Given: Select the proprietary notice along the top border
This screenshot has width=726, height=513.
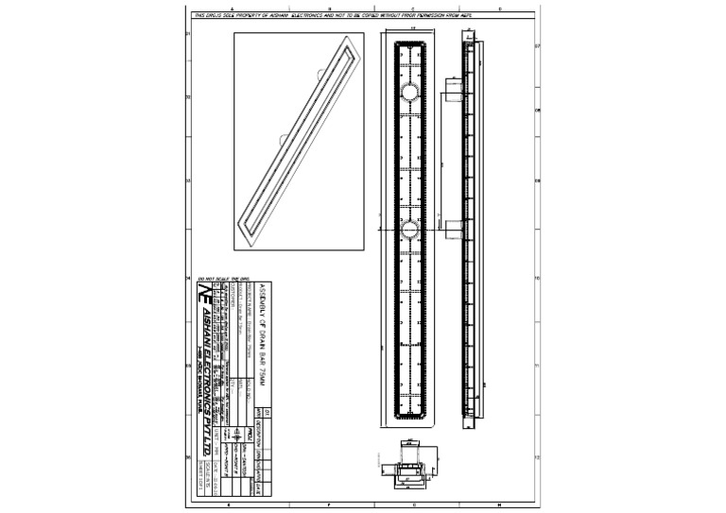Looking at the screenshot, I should click(x=331, y=16).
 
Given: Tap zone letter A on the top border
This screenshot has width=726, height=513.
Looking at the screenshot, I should click(x=229, y=9).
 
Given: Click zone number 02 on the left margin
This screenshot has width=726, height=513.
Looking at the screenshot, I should click(x=188, y=96).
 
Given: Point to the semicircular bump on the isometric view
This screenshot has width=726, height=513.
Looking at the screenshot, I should click(x=284, y=139).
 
